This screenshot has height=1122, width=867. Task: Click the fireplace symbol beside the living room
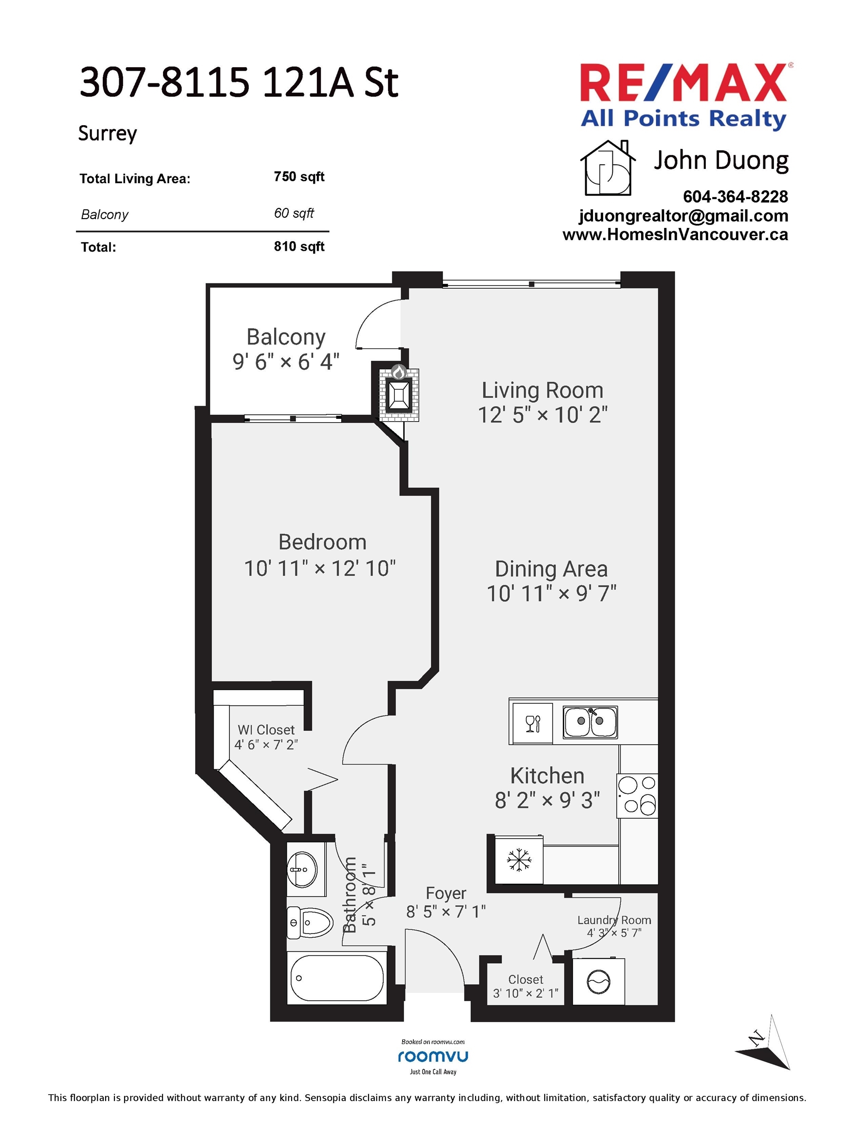pyautogui.click(x=399, y=394)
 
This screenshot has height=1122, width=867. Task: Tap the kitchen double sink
pyautogui.click(x=590, y=722)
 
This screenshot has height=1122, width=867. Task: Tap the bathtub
pyautogui.click(x=337, y=978)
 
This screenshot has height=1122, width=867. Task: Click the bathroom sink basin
pyautogui.click(x=302, y=870)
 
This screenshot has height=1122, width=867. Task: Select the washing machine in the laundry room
pyautogui.click(x=599, y=982)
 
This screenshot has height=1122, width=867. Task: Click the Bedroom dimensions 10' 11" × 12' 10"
pyautogui.click(x=320, y=569)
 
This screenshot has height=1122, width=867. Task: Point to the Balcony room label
pyautogui.click(x=286, y=337)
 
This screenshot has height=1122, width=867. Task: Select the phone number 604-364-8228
pyautogui.click(x=736, y=197)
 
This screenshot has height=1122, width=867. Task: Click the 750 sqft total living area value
pyautogui.click(x=299, y=177)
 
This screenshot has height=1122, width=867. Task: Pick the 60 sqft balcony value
pyautogui.click(x=294, y=213)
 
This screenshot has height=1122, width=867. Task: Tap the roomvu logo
pyautogui.click(x=433, y=1056)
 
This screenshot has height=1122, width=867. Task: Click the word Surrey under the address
pyautogui.click(x=108, y=133)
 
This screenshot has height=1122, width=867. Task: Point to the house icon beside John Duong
pyautogui.click(x=608, y=168)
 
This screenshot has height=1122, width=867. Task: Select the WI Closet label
pyautogui.click(x=266, y=730)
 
